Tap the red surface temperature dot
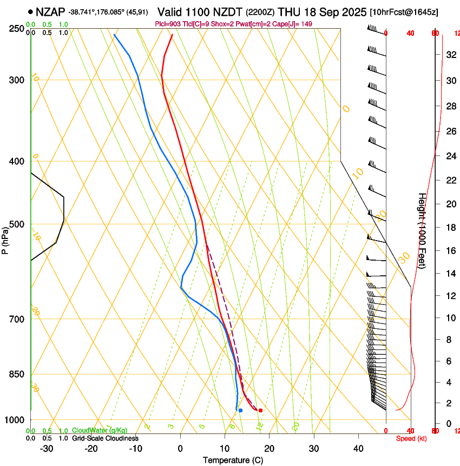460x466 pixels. [260, 410]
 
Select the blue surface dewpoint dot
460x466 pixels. [240, 410]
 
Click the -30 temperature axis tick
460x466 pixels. [47, 448]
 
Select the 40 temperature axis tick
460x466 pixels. [358, 448]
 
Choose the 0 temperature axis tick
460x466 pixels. [180, 448]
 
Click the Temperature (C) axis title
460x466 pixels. [233, 460]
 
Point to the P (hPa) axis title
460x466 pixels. [5, 240]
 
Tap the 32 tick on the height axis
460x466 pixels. [450, 55]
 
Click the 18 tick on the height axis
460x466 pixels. [450, 227]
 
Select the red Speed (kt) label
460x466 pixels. [411, 438]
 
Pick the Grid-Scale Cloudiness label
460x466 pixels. [105, 438]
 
